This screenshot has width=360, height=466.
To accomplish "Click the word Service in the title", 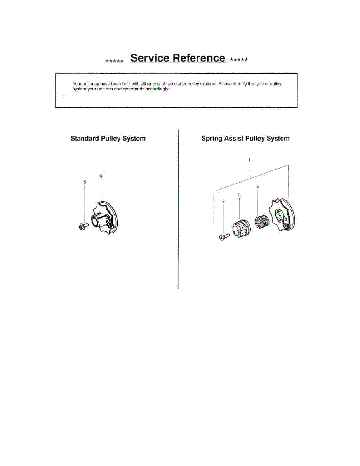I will [150, 58].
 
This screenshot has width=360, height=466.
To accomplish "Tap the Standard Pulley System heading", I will [108, 139].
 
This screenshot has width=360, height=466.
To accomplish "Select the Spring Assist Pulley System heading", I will [245, 138].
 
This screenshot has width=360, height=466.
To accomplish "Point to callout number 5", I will [85, 182].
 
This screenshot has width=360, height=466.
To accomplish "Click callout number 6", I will [101, 176].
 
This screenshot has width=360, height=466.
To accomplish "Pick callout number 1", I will [249, 160].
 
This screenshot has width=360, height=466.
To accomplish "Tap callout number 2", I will [223, 201].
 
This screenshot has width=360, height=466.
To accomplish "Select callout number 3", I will [239, 195].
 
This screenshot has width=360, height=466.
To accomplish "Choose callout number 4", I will [257, 187].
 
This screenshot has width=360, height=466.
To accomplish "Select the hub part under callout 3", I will [239, 228].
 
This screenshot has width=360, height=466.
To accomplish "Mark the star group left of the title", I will [115, 61].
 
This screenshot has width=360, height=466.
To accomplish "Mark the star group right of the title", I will [239, 60].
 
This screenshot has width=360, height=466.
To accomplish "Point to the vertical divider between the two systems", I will [178, 210].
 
